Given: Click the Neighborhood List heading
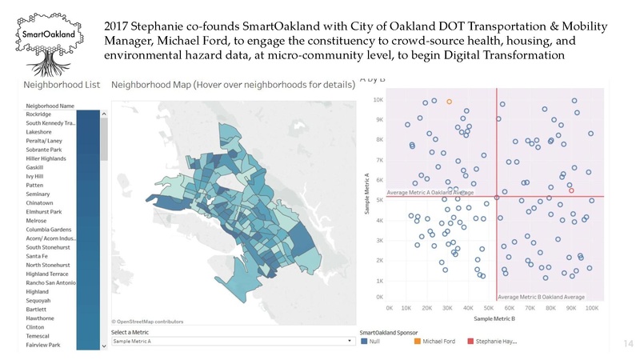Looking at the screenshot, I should tap(61, 84).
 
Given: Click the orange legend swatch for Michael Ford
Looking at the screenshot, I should tap(418, 342).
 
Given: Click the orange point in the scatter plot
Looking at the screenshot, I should tap(450, 102).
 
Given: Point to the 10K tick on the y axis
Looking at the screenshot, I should tap(378, 100).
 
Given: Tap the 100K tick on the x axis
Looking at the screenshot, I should tap(590, 306).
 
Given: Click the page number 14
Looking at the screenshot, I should tap(627, 343).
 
